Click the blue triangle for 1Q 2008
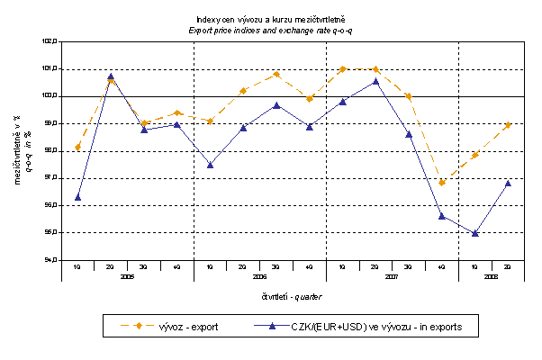click(474, 233)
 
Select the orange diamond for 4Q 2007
click(441, 183)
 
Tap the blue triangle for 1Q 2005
click(77, 196)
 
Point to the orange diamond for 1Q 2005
click(77, 147)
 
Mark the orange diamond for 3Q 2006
click(276, 74)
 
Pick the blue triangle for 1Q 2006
click(210, 165)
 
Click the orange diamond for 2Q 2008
click(508, 125)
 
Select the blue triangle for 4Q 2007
click(441, 216)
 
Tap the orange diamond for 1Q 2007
click(342, 68)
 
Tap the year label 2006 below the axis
click(259, 277)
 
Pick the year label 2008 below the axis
click(491, 277)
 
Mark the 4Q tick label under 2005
click(176, 267)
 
